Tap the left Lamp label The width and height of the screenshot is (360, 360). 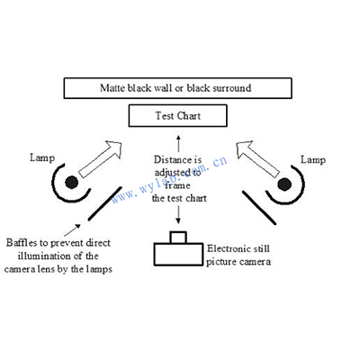pyautogui.click(x=42, y=157)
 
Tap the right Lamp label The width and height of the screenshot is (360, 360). pyautogui.click(x=313, y=159)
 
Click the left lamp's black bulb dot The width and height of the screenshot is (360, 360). pyautogui.click(x=72, y=182)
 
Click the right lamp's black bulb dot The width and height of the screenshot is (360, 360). pyautogui.click(x=284, y=184)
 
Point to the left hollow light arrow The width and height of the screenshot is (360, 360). pyautogui.click(x=100, y=159)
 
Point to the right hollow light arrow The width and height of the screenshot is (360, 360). pyautogui.click(x=258, y=159)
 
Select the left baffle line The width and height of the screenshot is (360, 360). pyautogui.click(x=105, y=203)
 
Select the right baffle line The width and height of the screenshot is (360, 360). pyautogui.click(x=259, y=208)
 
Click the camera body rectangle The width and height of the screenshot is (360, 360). pyautogui.click(x=178, y=255)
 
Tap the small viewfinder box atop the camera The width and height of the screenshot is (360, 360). pyautogui.click(x=178, y=237)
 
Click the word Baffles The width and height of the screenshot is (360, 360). pyautogui.click(x=22, y=242)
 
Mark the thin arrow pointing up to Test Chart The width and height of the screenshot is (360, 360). pyautogui.click(x=178, y=143)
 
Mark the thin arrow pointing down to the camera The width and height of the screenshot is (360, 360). pyautogui.click(x=178, y=214)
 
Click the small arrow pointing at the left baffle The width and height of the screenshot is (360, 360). pyautogui.click(x=72, y=230)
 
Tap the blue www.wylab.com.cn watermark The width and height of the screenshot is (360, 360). pyautogui.click(x=169, y=179)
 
